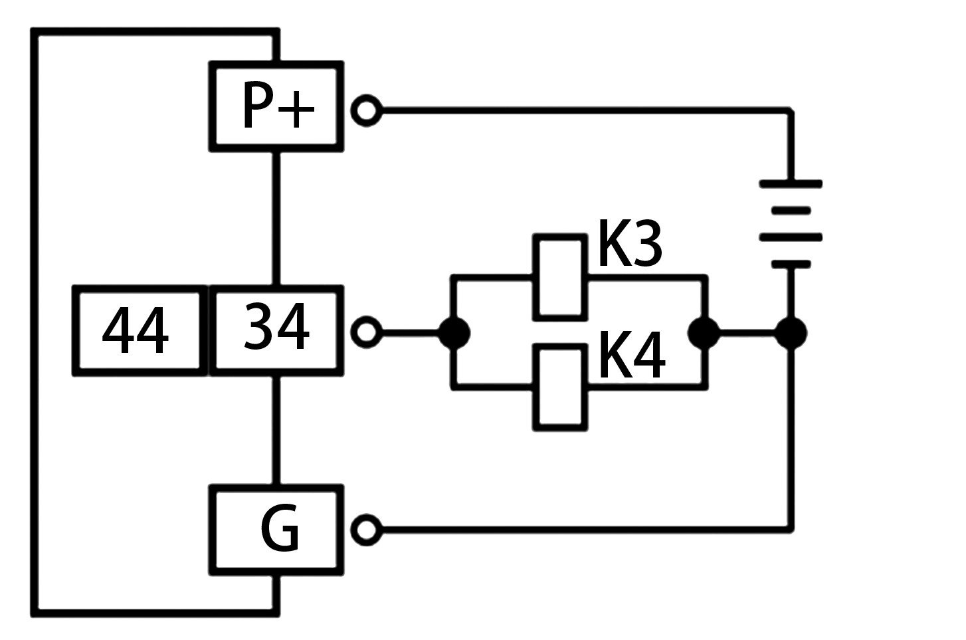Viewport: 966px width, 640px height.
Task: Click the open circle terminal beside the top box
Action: point(366,110)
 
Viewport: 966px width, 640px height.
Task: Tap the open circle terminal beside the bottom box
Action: point(366,530)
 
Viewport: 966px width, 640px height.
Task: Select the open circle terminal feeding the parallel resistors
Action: point(366,332)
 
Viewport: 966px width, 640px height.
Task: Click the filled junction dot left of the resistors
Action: point(454,333)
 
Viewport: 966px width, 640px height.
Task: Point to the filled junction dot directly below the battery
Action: point(791,333)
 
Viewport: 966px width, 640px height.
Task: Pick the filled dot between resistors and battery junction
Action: point(704,333)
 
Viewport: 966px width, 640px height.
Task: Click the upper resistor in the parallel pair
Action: point(560,277)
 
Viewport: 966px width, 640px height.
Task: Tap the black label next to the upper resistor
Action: point(630,243)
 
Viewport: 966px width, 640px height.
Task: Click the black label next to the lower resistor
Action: point(632,354)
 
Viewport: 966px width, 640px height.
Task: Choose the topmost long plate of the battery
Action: point(791,184)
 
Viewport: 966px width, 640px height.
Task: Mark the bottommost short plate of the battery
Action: point(791,265)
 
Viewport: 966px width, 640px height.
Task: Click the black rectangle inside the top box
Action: point(279,104)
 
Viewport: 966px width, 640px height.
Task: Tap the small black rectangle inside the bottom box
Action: point(279,528)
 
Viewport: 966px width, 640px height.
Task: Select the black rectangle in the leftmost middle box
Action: point(136,330)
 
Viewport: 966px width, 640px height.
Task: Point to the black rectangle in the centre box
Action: point(277,326)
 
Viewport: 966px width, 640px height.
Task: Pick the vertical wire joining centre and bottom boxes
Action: point(276,431)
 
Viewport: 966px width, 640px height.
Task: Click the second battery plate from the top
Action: point(791,211)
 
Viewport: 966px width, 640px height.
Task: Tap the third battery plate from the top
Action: point(791,237)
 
